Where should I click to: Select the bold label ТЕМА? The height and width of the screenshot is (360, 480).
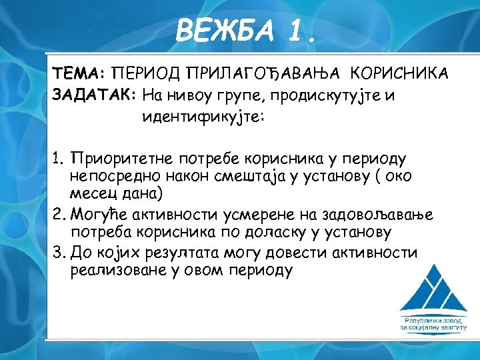pyautogui.click(x=79, y=73)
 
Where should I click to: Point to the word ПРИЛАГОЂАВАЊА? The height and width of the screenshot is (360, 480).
pyautogui.click(x=263, y=73)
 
